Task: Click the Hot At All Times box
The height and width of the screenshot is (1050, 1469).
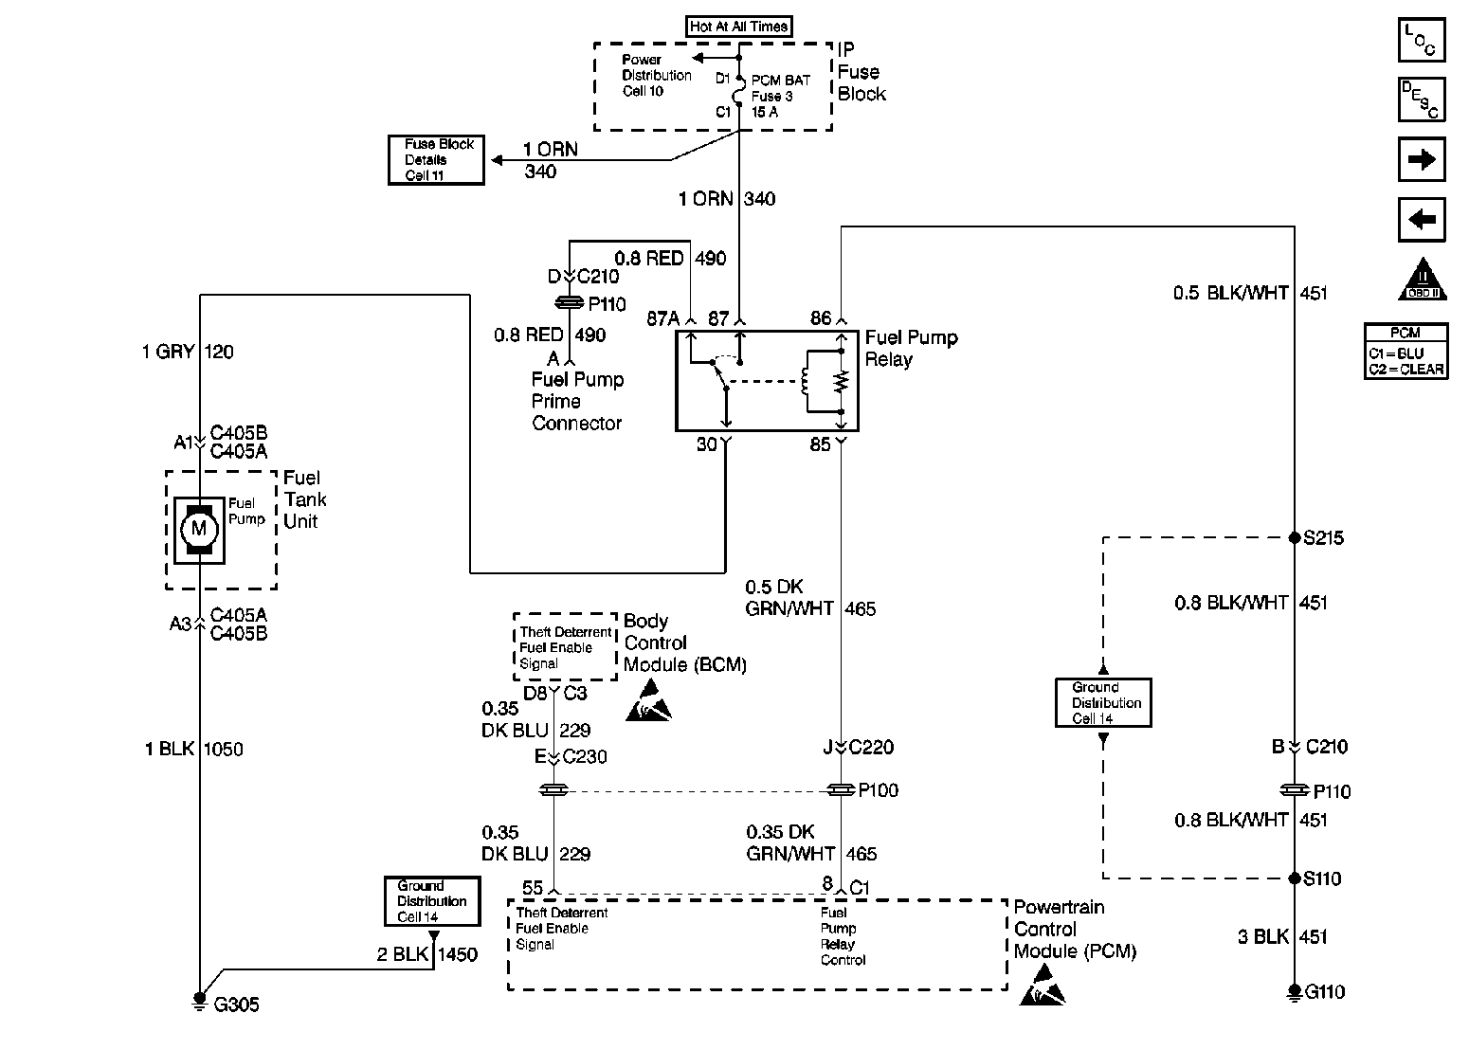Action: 738,27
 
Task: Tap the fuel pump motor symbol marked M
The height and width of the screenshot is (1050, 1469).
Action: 198,528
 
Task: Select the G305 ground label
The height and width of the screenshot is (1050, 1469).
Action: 236,1005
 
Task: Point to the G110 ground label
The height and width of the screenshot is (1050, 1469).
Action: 1325,992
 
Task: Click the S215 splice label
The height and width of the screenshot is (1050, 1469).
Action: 1323,538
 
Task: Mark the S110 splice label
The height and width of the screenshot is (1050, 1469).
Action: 1322,878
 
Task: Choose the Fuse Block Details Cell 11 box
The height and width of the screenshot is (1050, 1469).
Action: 437,160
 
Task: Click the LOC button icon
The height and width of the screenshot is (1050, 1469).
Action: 1421,41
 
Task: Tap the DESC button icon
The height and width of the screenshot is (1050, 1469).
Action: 1421,100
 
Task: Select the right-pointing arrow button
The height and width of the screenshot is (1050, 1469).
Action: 1421,159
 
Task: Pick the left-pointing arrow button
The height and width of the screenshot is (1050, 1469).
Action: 1421,220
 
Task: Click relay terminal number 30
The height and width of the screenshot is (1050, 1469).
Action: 707,444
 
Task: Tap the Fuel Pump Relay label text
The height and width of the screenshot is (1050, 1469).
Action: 911,349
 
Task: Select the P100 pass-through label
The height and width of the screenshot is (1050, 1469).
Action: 879,790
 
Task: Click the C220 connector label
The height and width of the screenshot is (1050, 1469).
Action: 871,747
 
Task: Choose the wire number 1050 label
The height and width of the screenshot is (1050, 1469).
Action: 224,750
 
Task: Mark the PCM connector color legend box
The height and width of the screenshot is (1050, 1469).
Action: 1406,352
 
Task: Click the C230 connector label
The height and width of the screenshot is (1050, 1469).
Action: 584,756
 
